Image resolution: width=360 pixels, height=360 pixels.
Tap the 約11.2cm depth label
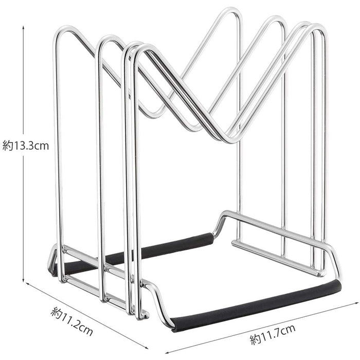point(72,320)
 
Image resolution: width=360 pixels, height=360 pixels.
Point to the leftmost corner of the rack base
point(51,267)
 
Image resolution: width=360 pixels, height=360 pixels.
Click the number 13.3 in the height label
point(24,146)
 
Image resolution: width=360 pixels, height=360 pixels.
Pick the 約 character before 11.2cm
point(56,312)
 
